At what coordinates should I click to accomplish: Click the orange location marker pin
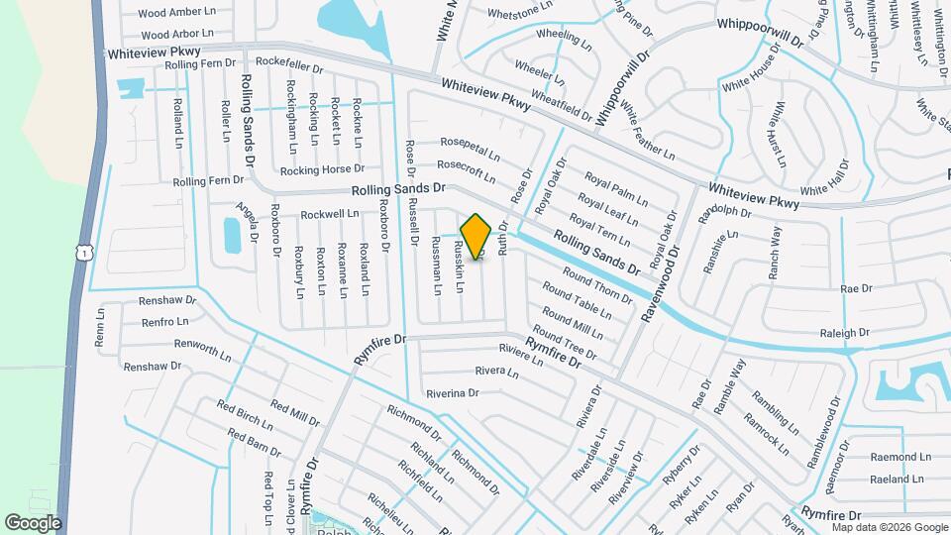476,238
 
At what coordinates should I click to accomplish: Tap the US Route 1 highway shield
85,255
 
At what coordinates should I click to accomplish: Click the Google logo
33,522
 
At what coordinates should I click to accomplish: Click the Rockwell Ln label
329,214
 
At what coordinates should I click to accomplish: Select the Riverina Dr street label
453,393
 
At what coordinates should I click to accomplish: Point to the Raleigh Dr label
843,333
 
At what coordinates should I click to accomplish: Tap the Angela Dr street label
244,224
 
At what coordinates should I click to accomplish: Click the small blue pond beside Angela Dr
233,236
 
